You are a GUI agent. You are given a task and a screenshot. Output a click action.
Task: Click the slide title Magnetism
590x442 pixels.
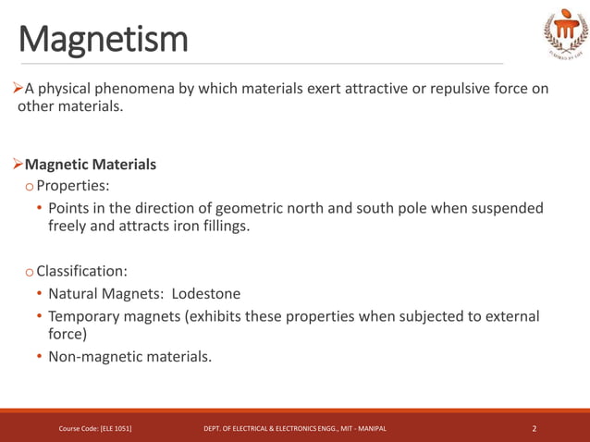click(102, 39)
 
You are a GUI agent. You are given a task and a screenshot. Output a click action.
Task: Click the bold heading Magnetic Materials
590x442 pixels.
click(91, 165)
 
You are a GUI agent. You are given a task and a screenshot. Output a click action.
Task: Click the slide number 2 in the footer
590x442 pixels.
click(535, 428)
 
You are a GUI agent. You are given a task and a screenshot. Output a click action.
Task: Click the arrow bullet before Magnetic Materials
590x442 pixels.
click(18, 165)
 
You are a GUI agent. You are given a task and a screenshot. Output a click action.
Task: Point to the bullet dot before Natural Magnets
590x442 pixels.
click(39, 294)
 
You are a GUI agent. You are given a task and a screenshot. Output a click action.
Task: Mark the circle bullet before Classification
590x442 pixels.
click(31, 272)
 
